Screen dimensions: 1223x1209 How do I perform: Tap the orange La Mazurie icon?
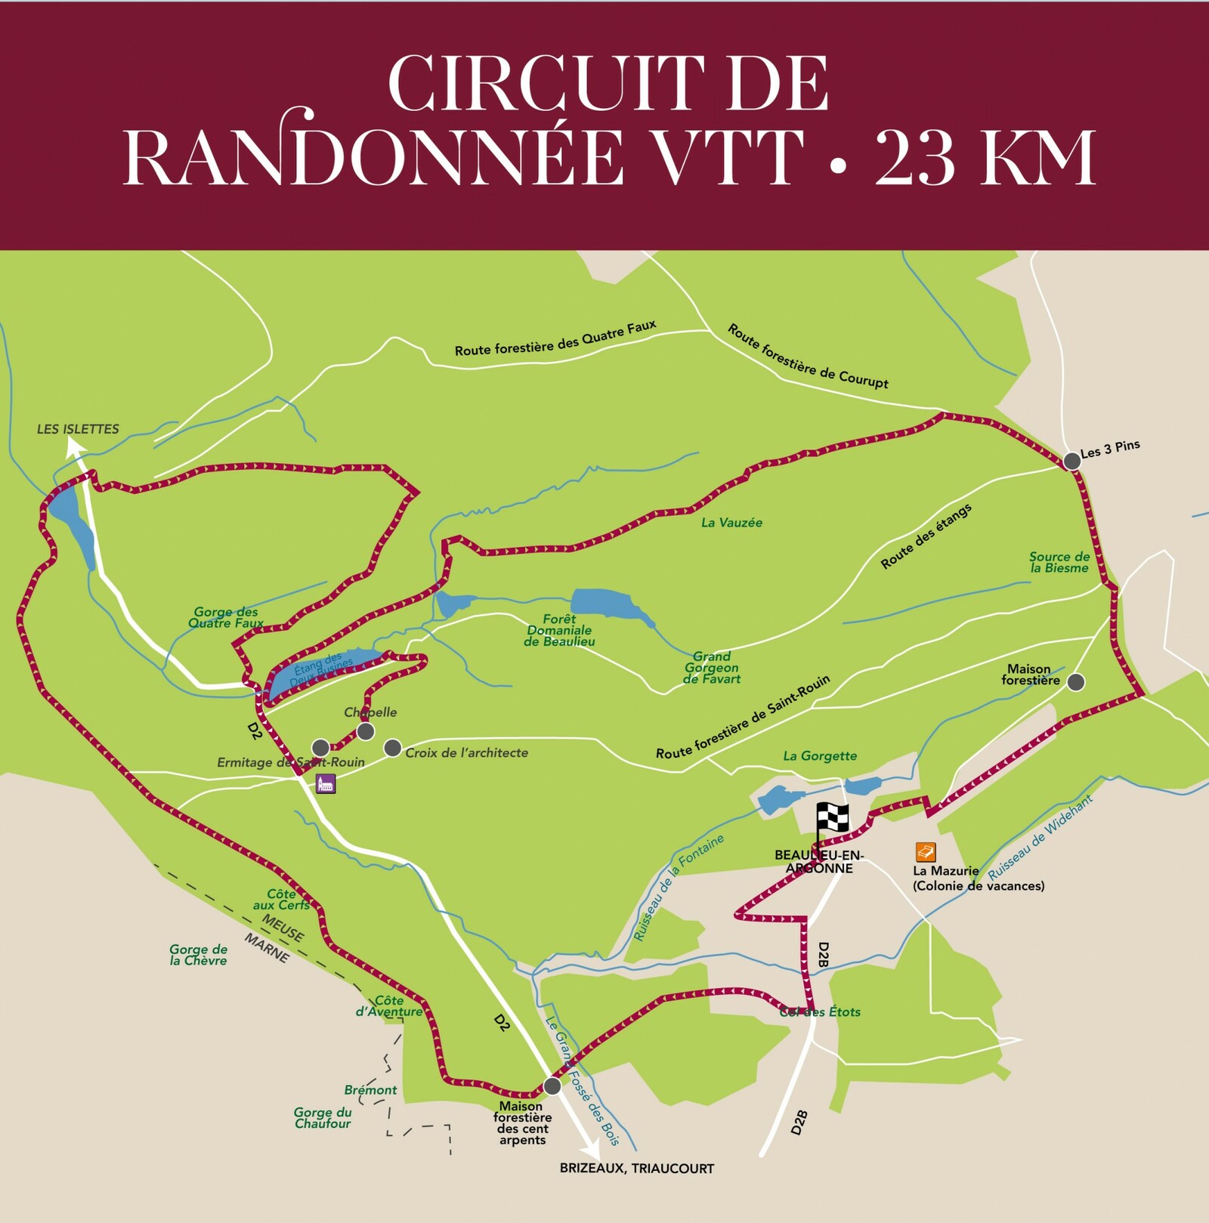click(x=925, y=852)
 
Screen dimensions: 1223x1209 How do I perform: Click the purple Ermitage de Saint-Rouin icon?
click(x=325, y=783)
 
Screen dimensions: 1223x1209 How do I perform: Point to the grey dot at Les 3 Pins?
click(x=1071, y=461)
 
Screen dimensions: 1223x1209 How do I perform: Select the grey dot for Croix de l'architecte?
click(x=392, y=748)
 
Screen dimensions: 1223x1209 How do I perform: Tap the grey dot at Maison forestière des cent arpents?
click(x=552, y=1086)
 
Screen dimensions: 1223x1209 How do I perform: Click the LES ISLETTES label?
click(x=78, y=429)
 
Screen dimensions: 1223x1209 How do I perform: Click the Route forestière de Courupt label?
click(x=808, y=356)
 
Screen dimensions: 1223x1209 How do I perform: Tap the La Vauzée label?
click(x=731, y=523)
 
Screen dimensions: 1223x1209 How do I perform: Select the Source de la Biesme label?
click(x=1059, y=562)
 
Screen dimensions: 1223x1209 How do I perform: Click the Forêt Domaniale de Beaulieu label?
click(x=559, y=630)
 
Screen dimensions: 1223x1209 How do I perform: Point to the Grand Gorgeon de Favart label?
click(x=712, y=668)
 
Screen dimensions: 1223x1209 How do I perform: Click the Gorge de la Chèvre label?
click(x=198, y=955)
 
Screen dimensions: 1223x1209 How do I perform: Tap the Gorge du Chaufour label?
click(x=323, y=1117)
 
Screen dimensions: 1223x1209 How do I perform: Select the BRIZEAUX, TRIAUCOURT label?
click(x=636, y=1169)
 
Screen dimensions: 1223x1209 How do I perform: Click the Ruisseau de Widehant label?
click(x=1040, y=838)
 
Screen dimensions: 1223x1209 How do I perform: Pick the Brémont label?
click(x=370, y=1090)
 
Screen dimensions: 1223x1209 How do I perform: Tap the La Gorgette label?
click(x=820, y=755)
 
